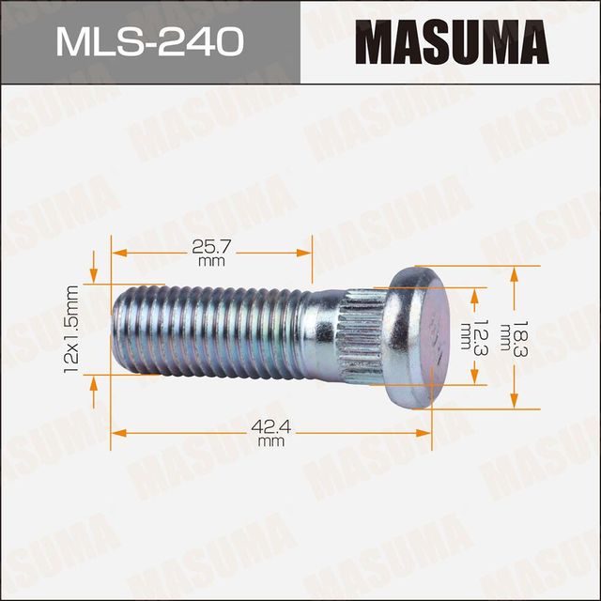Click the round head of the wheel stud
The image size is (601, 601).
click(x=418, y=337)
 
